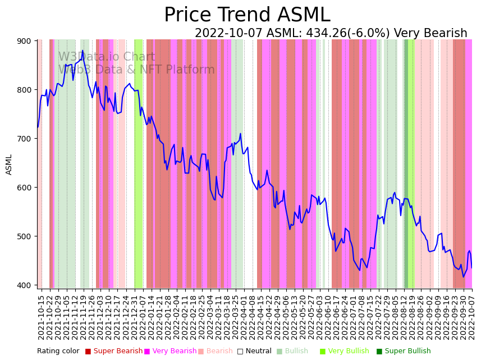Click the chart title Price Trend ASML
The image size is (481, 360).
(247, 15)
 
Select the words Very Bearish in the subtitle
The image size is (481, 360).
(430, 34)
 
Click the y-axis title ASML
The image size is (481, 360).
(9, 165)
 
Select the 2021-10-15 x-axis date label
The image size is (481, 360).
(41, 317)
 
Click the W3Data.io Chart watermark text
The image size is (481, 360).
(107, 57)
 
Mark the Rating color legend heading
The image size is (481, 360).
(58, 352)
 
